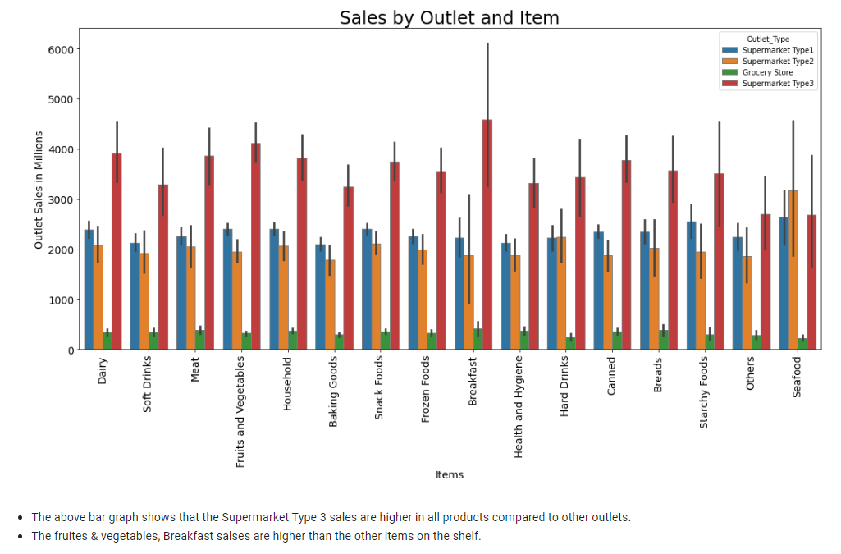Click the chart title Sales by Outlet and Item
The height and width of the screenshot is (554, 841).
[449, 17]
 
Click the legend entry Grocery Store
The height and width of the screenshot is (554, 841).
[767, 72]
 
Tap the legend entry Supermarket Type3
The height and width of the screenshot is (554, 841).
[778, 83]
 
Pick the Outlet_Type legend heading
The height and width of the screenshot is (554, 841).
[768, 39]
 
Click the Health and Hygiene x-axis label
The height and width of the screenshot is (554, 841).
[518, 408]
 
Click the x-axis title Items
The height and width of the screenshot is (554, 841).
[449, 474]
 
